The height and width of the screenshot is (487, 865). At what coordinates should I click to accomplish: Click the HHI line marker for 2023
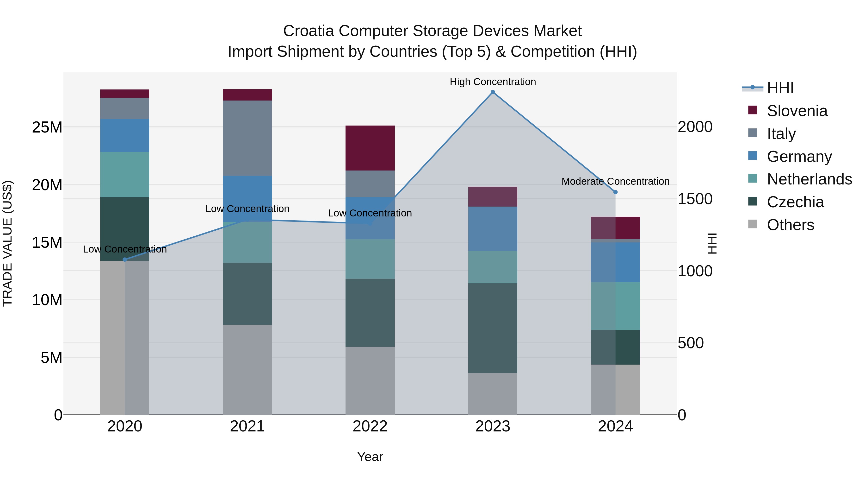pyautogui.click(x=493, y=92)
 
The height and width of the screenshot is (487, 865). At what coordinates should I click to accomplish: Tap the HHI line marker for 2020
pyautogui.click(x=125, y=259)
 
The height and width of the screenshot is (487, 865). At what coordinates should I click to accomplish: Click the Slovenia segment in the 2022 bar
pyautogui.click(x=370, y=148)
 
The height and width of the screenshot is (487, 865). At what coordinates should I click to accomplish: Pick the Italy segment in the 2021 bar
pyautogui.click(x=247, y=138)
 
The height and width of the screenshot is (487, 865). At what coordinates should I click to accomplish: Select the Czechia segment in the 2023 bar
pyautogui.click(x=493, y=328)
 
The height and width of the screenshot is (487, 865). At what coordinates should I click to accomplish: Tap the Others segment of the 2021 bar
pyautogui.click(x=247, y=370)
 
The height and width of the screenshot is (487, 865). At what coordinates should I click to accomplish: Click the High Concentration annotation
pyautogui.click(x=493, y=82)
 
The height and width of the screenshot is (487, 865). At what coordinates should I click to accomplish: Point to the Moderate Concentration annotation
pyautogui.click(x=615, y=182)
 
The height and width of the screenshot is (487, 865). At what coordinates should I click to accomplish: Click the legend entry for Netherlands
pyautogui.click(x=809, y=179)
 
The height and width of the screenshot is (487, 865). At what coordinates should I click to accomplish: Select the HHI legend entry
pyautogui.click(x=780, y=88)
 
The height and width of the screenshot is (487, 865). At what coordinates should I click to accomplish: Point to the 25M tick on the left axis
pyautogui.click(x=47, y=127)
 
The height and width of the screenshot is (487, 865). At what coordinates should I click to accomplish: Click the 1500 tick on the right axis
pyautogui.click(x=695, y=199)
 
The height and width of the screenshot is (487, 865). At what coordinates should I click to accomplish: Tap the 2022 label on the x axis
pyautogui.click(x=370, y=426)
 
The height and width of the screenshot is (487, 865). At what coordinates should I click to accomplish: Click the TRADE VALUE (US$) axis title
pyautogui.click(x=7, y=243)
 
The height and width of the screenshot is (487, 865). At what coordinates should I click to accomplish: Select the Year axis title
pyautogui.click(x=370, y=457)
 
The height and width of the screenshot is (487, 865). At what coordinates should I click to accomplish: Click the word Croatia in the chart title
pyautogui.click(x=308, y=31)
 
